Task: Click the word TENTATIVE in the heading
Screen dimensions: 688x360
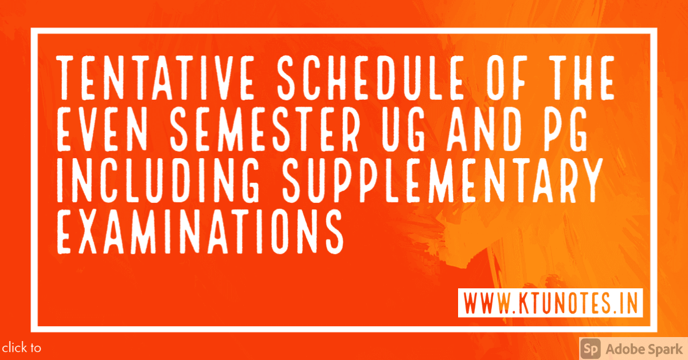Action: coord(155,78)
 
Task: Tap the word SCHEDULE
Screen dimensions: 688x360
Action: coord(371,78)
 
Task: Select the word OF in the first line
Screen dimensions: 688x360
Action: coord(507,78)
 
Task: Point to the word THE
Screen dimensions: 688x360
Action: coord(582,78)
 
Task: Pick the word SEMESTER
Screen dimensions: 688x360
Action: coord(264,129)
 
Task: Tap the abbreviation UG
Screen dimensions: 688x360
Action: coord(403,129)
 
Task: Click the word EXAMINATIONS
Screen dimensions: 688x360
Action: coord(200,231)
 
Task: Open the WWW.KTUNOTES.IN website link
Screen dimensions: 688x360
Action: coord(550,303)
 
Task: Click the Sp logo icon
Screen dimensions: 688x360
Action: coord(591,349)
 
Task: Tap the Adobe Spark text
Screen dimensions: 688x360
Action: coord(644,350)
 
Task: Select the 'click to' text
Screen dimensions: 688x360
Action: coord(22,348)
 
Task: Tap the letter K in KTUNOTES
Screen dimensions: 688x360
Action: coord(525,303)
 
